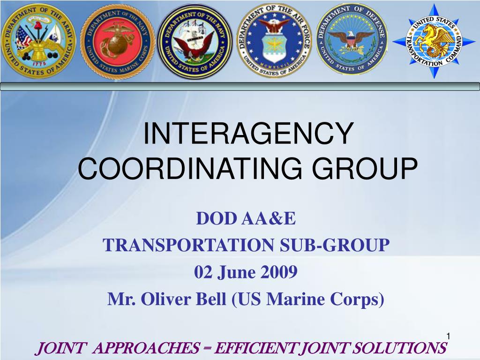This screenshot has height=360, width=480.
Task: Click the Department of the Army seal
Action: click(38, 41)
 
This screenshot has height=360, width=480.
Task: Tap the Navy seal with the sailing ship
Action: click(195, 41)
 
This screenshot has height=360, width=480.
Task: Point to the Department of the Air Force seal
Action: click(274, 41)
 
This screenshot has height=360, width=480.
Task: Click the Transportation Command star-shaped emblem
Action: click(434, 41)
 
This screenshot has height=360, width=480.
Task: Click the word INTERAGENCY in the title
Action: click(247, 134)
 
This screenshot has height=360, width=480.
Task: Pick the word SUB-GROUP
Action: click(342, 245)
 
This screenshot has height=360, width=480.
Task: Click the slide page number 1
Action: click(448, 336)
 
